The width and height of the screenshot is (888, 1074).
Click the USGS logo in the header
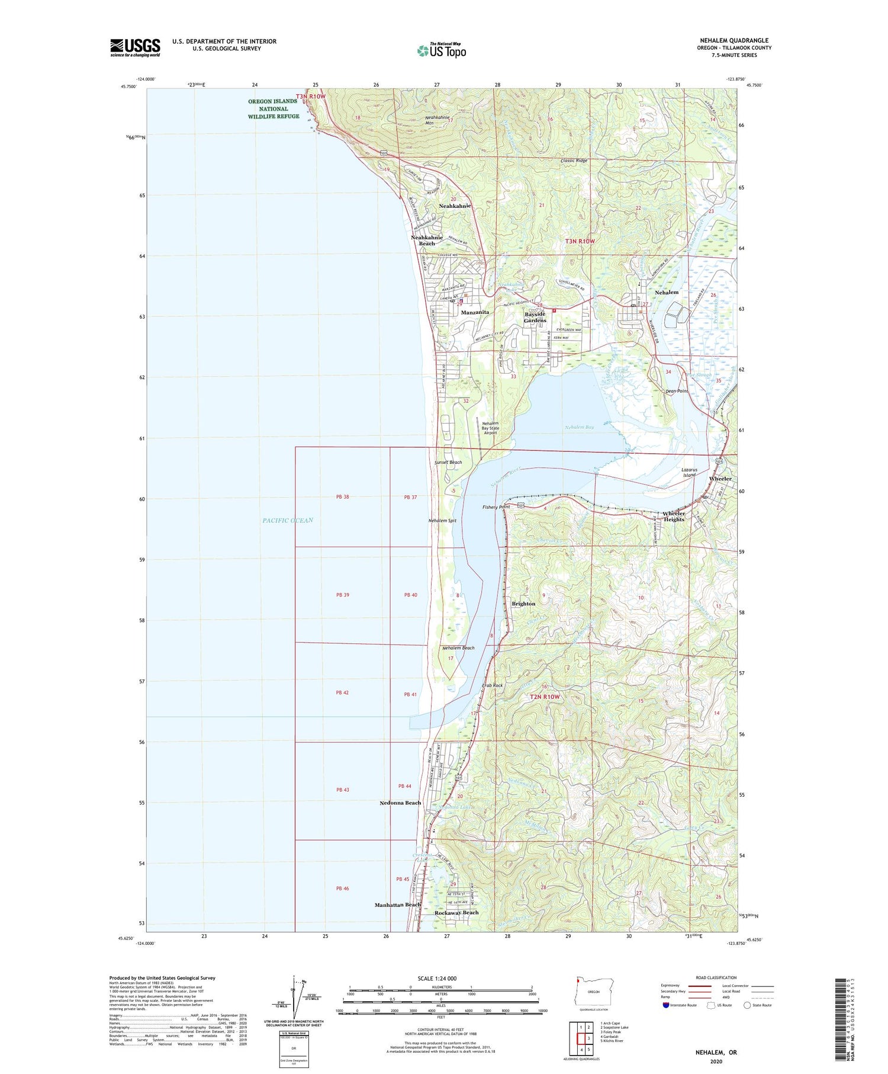click(135, 47)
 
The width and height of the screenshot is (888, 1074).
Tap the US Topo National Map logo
click(442, 51)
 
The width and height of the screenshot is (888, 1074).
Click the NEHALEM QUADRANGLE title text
click(734, 40)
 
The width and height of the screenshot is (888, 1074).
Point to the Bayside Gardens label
click(535, 317)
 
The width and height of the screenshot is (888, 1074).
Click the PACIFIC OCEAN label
click(288, 520)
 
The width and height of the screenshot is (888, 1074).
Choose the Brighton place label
click(523, 604)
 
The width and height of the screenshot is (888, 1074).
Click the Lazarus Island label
click(689, 472)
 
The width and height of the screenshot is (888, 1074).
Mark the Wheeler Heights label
click(674, 516)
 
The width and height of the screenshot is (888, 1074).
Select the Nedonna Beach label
click(400, 803)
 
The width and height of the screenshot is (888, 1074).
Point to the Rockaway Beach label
click(456, 912)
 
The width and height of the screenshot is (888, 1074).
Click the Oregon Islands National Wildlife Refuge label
click(274, 109)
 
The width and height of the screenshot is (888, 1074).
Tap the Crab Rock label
click(492, 685)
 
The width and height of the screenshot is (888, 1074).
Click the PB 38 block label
click(342, 496)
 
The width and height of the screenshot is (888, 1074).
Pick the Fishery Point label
click(496, 507)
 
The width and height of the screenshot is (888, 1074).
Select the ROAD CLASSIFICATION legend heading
click(716, 977)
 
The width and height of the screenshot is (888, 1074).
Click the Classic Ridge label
click(574, 161)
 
